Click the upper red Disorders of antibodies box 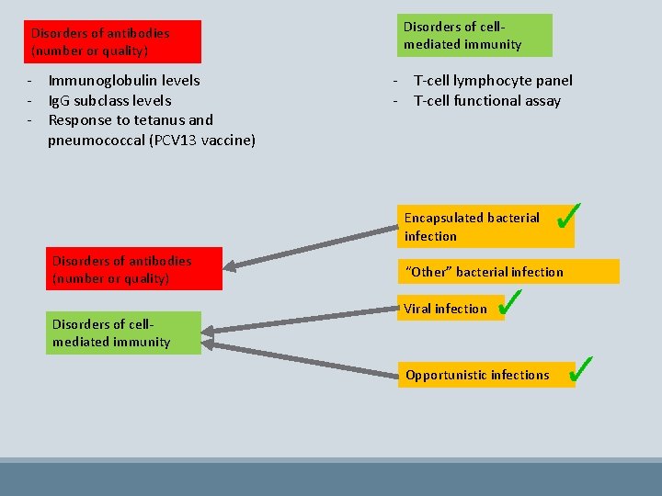pyautogui.click(x=113, y=41)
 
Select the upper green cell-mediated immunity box pyautogui.click(x=474, y=35)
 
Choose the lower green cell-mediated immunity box pyautogui.click(x=125, y=333)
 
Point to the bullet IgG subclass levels pyautogui.click(x=109, y=100)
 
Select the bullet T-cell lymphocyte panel pyautogui.click(x=493, y=81)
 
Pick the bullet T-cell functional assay pyautogui.click(x=486, y=100)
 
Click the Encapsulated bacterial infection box pyautogui.click(x=485, y=226)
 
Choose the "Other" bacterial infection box pyautogui.click(x=508, y=271)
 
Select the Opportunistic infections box pyautogui.click(x=485, y=374)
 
